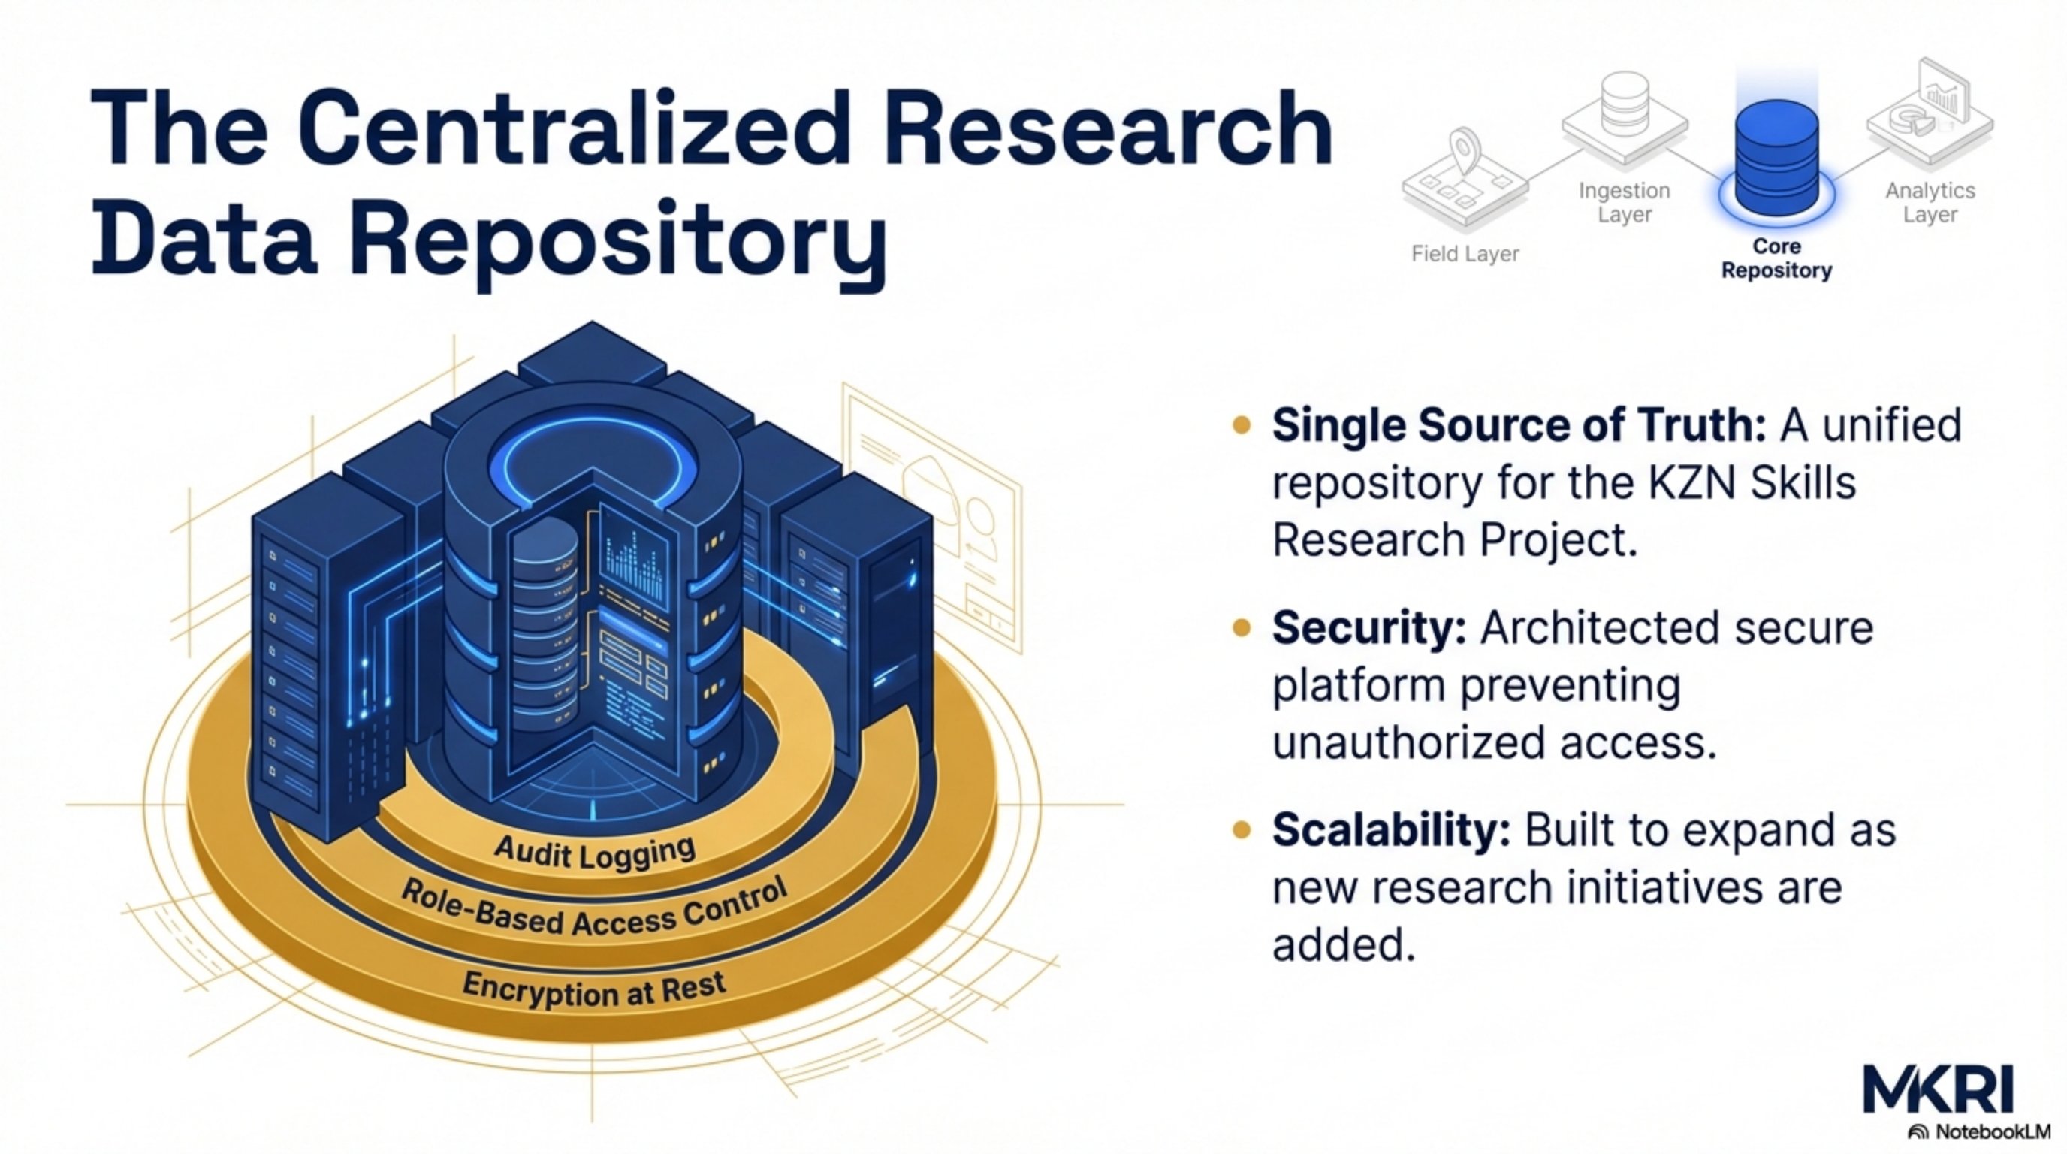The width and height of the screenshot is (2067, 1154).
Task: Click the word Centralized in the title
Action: [x=573, y=128]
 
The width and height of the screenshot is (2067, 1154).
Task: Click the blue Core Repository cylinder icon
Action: [x=1776, y=161]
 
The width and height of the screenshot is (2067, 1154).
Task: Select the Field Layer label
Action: [x=1465, y=255]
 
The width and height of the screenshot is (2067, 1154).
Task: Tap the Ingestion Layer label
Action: [x=1624, y=202]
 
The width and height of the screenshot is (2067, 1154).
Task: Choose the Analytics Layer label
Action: [x=1930, y=202]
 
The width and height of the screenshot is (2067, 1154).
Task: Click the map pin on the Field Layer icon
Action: [x=1465, y=149]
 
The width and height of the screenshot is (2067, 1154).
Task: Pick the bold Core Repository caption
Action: [x=1776, y=258]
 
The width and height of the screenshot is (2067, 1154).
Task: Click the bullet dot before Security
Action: [x=1241, y=627]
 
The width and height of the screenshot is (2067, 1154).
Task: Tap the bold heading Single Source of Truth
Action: [x=1518, y=424]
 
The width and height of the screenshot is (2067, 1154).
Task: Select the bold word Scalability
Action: [x=1390, y=829]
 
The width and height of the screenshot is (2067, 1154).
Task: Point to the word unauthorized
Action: [x=1408, y=743]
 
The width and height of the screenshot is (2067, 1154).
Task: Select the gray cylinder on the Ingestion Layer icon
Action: [x=1624, y=104]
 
